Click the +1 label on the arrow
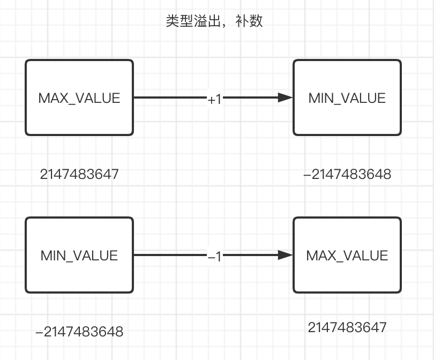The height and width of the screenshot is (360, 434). [x=214, y=99]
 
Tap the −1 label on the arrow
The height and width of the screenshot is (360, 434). [x=214, y=257]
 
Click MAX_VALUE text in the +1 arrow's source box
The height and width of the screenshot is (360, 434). [x=79, y=98]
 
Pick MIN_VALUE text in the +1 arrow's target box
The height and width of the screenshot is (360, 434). [x=347, y=98]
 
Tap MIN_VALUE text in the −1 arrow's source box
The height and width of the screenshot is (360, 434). [x=79, y=256]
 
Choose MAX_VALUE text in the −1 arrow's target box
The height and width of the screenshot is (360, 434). [x=347, y=256]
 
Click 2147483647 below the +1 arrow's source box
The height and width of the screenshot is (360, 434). [x=79, y=174]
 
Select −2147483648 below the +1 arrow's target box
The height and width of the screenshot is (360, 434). [x=347, y=174]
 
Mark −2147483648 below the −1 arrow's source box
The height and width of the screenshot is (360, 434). [x=79, y=332]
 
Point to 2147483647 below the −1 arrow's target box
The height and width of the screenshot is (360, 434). [x=347, y=327]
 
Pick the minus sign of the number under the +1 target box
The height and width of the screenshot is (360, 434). [x=307, y=175]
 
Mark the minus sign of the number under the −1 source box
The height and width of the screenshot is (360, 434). [x=39, y=332]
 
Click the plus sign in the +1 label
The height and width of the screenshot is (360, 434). [x=211, y=100]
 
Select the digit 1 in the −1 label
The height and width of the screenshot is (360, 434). [x=218, y=257]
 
